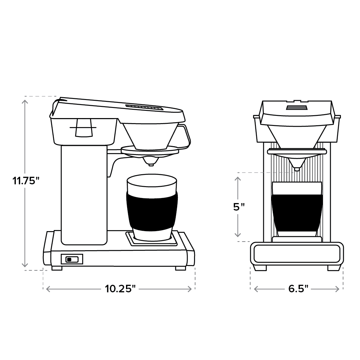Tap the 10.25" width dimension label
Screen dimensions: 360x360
point(120,288)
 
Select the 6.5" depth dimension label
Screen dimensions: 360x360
point(298,288)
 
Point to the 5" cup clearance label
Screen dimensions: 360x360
point(239,207)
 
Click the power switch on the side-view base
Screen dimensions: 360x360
point(72,259)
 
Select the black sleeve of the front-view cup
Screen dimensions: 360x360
point(297,212)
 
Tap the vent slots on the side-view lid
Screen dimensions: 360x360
point(144,107)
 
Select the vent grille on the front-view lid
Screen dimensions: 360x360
point(297,108)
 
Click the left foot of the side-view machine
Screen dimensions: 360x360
point(57,268)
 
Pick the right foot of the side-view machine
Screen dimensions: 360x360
point(180,268)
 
